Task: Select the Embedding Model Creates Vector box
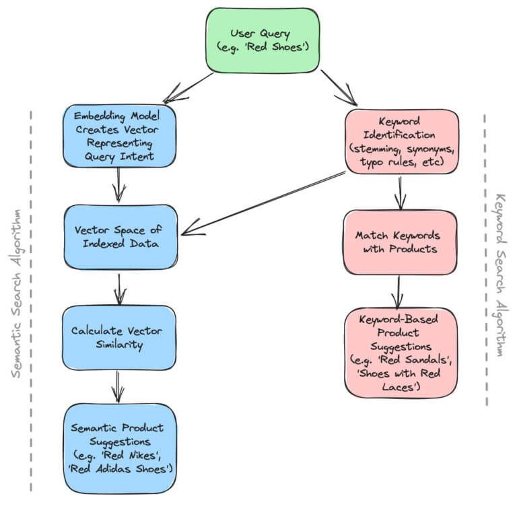(x=120, y=137)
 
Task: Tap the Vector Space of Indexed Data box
(x=120, y=236)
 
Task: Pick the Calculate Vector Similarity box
(x=120, y=337)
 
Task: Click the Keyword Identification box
(x=401, y=143)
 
